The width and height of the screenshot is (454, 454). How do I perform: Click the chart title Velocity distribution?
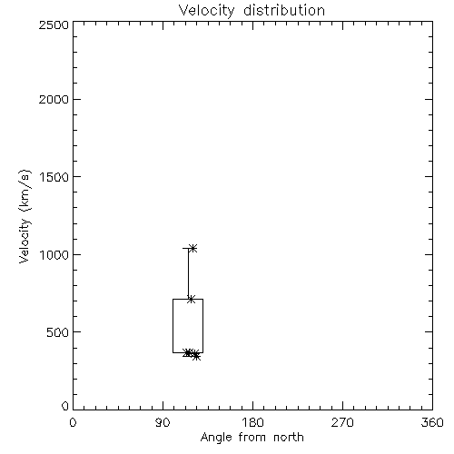252,10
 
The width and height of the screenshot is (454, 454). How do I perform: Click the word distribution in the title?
284,10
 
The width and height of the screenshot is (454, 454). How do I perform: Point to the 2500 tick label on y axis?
54,25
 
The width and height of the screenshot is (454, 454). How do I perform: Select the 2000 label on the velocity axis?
54,99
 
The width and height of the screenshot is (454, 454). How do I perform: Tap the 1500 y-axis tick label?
54,177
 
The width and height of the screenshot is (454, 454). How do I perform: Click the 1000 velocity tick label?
54,254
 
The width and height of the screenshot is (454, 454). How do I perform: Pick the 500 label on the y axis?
58,332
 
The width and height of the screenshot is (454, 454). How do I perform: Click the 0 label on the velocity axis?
65,406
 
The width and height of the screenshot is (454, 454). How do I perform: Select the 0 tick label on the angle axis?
73,422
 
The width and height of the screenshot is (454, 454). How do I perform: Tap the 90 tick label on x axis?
163,422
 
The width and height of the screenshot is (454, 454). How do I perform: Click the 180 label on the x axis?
252,422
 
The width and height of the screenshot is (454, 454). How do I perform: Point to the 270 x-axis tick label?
342,422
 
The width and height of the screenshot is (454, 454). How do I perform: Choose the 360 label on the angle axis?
432,422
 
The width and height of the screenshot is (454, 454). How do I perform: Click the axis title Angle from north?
252,438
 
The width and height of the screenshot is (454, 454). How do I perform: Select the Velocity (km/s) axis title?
25,216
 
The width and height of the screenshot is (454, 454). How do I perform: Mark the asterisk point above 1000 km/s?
192,249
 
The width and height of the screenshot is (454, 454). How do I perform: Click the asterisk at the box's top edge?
191,300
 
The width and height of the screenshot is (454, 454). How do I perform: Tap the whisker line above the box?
188,273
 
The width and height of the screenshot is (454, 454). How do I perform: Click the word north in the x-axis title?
289,438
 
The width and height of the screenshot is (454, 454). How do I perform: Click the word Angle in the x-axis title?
216,438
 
